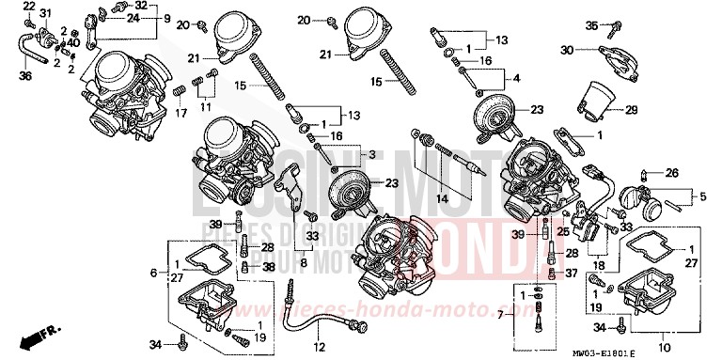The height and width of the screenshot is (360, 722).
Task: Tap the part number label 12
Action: point(319,348)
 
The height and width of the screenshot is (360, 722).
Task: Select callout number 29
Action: point(632,110)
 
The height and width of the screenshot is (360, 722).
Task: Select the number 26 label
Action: point(671,173)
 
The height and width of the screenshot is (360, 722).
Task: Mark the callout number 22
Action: point(30,8)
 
